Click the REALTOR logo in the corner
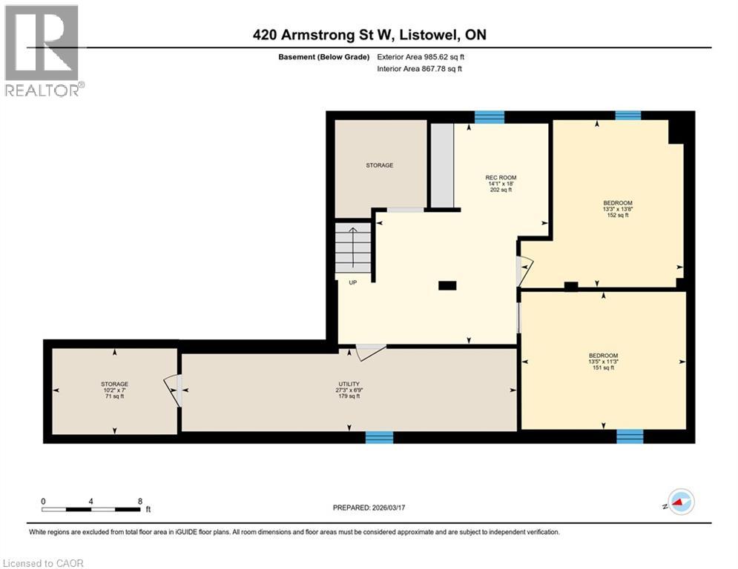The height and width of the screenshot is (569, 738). [43, 50]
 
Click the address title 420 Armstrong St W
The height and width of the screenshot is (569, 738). [369, 35]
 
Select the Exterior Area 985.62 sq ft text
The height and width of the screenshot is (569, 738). [421, 56]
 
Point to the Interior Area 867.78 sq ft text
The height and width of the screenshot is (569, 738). [420, 69]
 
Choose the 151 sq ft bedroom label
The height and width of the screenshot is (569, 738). [603, 362]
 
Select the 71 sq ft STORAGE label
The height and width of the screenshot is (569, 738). [115, 390]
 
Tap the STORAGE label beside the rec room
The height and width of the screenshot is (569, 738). [379, 165]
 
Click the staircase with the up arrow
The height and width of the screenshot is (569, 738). [353, 250]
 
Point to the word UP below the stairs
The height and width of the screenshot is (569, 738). [353, 282]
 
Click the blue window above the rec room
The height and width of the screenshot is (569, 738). [489, 116]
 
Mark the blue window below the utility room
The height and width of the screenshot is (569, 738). [378, 438]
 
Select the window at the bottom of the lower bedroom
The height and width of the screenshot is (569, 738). [629, 436]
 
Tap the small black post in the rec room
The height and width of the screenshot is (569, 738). [447, 285]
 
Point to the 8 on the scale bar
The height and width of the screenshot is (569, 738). [139, 501]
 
